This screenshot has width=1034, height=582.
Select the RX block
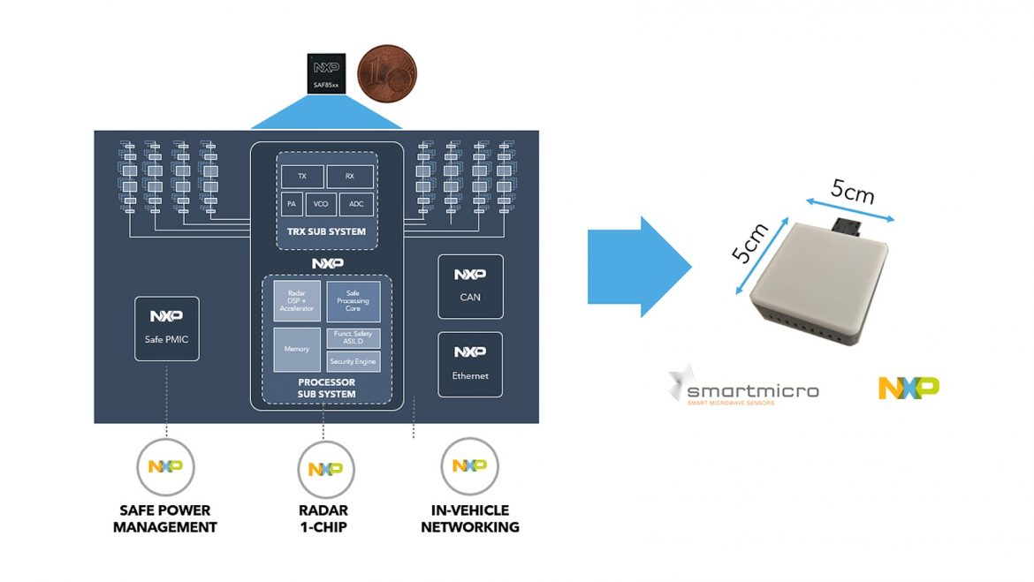pyautogui.click(x=349, y=176)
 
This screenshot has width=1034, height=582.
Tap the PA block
pyautogui.click(x=291, y=204)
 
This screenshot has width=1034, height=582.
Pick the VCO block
pyautogui.click(x=321, y=204)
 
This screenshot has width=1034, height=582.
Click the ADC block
pyautogui.click(x=356, y=204)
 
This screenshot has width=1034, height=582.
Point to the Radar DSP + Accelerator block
pyautogui.click(x=296, y=301)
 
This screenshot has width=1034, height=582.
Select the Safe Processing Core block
pyautogui.click(x=354, y=301)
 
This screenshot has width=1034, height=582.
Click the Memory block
pyautogui.click(x=296, y=349)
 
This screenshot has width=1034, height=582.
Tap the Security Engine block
pyautogui.click(x=354, y=361)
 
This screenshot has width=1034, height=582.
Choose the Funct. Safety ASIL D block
pyautogui.click(x=354, y=337)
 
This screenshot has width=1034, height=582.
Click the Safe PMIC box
pyautogui.click(x=167, y=328)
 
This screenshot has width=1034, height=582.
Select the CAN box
pyautogui.click(x=470, y=286)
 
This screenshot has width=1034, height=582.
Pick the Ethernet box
pyautogui.click(x=470, y=364)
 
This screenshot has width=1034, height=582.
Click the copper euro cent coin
pyautogui.click(x=386, y=74)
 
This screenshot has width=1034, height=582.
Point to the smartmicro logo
pyautogui.click(x=743, y=388)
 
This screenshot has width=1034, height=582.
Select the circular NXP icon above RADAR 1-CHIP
pyautogui.click(x=325, y=467)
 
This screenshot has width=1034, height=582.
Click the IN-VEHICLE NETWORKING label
pyautogui.click(x=469, y=518)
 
